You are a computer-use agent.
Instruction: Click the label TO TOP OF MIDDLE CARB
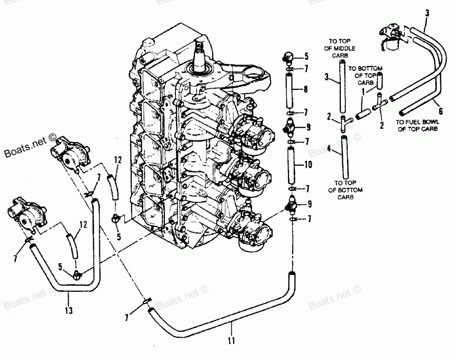342,45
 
